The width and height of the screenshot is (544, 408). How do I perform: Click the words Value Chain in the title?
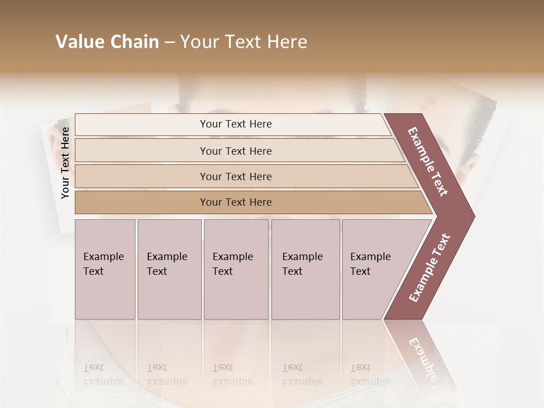tap(107, 42)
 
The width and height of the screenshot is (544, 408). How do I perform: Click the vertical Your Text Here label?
tap(65, 163)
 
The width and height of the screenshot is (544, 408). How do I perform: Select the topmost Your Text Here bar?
tap(235, 124)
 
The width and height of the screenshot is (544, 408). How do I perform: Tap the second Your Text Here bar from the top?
tap(235, 151)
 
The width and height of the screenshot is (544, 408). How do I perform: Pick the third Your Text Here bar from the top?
tap(235, 176)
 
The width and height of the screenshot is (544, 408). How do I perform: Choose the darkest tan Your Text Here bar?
tap(235, 202)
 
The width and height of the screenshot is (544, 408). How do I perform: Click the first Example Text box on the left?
tap(105, 269)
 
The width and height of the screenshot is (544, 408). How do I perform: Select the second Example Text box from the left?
tap(169, 269)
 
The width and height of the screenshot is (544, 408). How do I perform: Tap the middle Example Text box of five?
tap(236, 269)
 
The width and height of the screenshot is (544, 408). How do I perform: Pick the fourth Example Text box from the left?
tap(305, 269)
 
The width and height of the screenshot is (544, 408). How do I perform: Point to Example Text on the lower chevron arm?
tap(430, 267)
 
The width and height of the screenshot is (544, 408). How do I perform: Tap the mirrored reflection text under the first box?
tap(103, 375)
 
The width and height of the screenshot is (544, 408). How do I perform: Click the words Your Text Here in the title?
tap(244, 42)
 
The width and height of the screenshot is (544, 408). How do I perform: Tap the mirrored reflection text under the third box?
tap(232, 375)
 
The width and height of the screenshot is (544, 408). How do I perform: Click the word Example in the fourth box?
tap(302, 257)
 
